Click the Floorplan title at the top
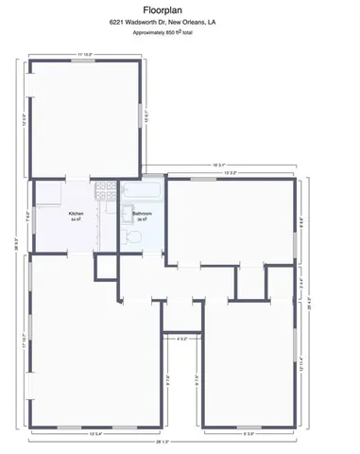[180, 8]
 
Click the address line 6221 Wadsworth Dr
[180, 20]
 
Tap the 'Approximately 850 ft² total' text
[180, 32]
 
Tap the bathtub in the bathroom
[143, 192]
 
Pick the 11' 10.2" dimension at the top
[88, 55]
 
